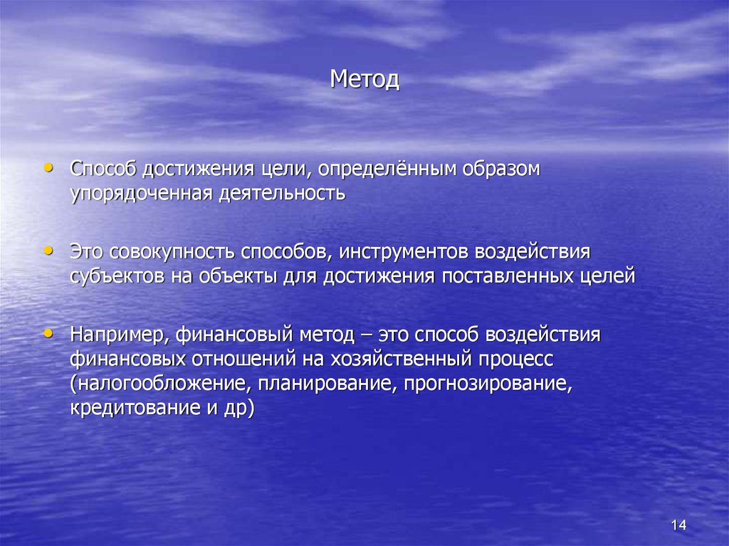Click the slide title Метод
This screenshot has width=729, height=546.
coord(364,79)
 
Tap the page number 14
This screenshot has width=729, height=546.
coord(678,525)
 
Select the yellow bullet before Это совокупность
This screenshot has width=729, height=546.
coord(48,250)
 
